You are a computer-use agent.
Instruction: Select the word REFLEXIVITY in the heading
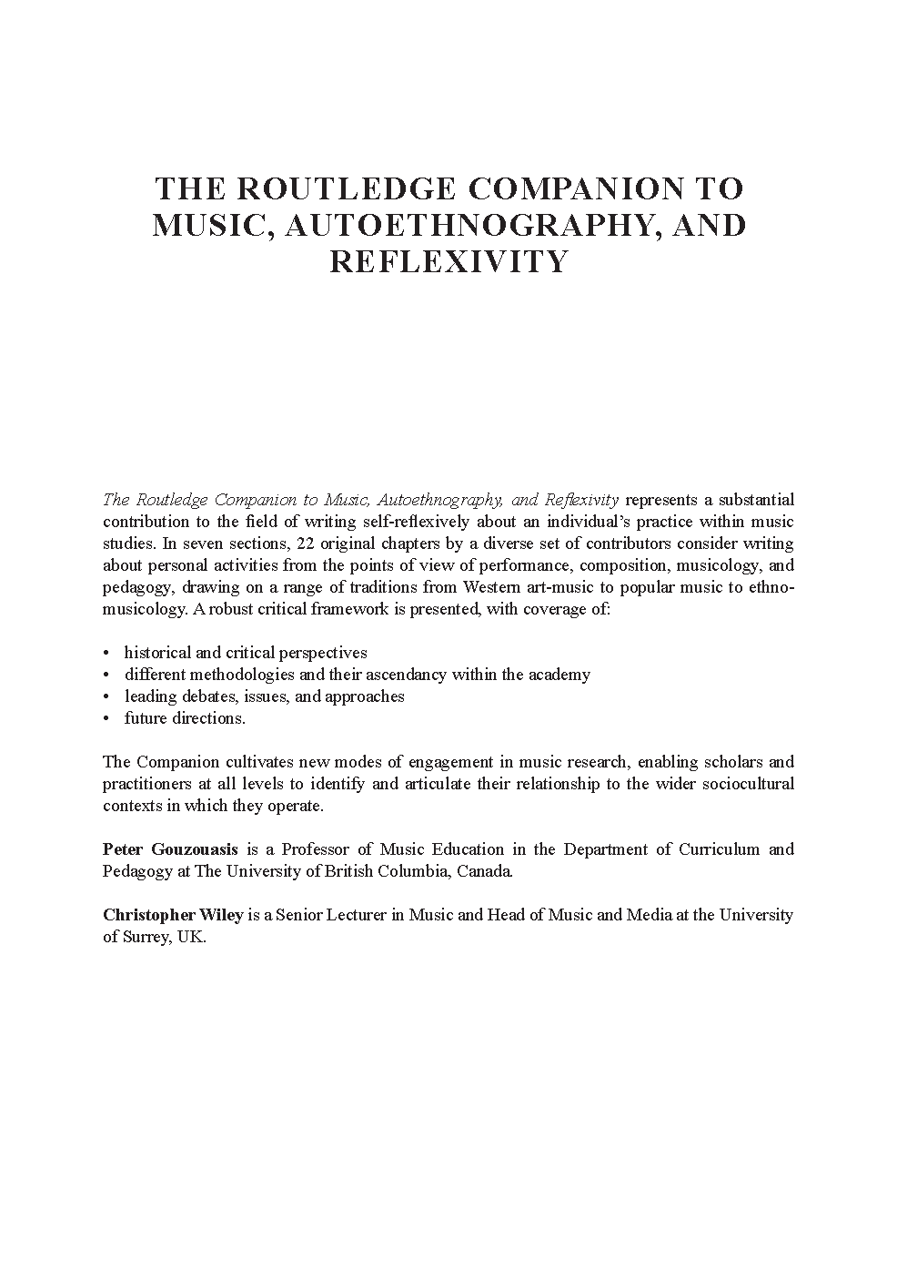[x=448, y=261]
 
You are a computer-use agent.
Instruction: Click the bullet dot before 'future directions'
[x=106, y=718]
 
